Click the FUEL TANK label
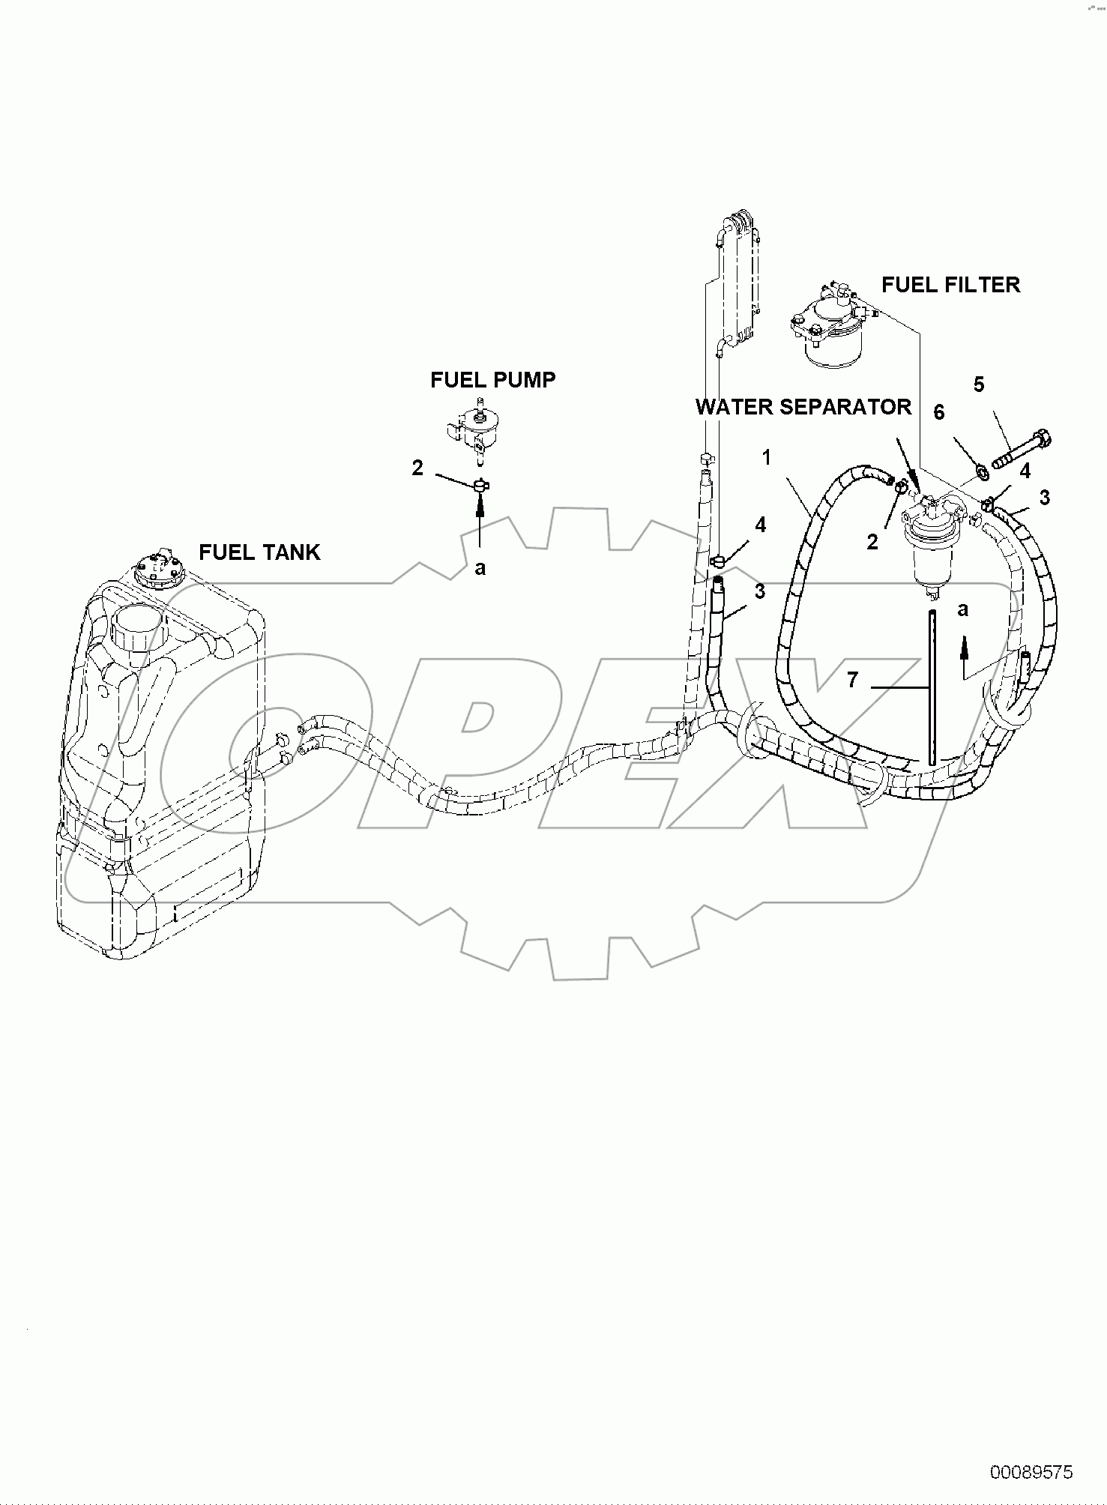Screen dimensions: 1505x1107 [x=259, y=552]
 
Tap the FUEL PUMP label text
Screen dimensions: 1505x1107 [x=492, y=380]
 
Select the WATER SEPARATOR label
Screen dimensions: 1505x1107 [x=803, y=407]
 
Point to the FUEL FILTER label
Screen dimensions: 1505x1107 [x=950, y=285]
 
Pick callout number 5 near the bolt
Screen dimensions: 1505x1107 [x=979, y=384]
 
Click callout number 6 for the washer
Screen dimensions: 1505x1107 [x=938, y=412]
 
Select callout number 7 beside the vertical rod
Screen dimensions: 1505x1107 [x=851, y=680]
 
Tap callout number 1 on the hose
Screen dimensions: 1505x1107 [x=767, y=457]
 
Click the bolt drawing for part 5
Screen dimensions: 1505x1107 [x=1022, y=447]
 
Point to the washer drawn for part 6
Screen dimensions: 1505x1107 [x=981, y=472]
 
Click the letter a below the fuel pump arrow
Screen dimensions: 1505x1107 [x=480, y=568]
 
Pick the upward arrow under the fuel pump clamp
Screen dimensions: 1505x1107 [x=480, y=521]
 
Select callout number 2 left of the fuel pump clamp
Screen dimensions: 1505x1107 [x=417, y=468]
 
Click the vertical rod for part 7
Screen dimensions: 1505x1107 [x=931, y=687]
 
